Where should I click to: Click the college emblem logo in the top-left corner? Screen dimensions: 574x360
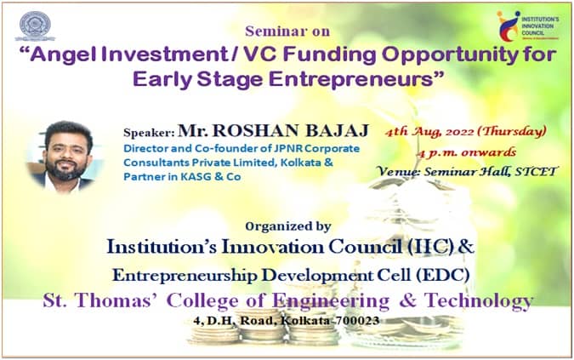[x=35, y=26]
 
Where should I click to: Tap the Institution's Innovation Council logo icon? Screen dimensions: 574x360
[x=509, y=26]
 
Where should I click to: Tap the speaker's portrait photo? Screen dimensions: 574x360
[x=65, y=156]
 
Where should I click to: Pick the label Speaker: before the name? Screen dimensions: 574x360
[x=149, y=133]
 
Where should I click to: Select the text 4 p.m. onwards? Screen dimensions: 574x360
[x=466, y=152]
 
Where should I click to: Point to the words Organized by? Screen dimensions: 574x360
[x=288, y=226]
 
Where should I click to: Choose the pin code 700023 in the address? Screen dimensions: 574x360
[x=357, y=321]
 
